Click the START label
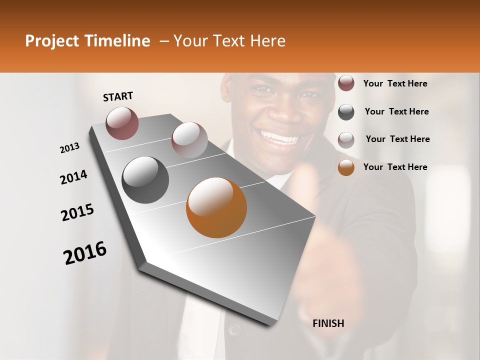[x=118, y=96]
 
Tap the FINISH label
[x=328, y=323]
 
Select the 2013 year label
[x=70, y=148]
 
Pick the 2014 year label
[x=73, y=177]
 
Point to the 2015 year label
[x=77, y=212]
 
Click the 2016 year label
[x=85, y=252]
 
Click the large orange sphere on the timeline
[x=216, y=207]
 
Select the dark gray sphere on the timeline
[x=145, y=180]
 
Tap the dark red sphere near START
[x=122, y=122]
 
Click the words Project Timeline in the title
[x=87, y=41]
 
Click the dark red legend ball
[x=346, y=83]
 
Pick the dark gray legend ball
[x=346, y=112]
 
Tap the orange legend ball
[x=346, y=167]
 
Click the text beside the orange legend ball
[x=395, y=167]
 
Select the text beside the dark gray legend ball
[x=396, y=111]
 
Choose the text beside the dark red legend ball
[x=395, y=83]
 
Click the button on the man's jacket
[x=234, y=329]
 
